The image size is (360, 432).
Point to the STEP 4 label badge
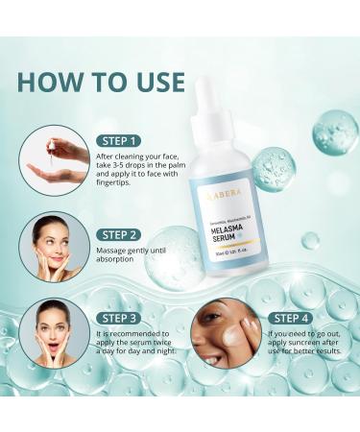pos(301,316)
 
